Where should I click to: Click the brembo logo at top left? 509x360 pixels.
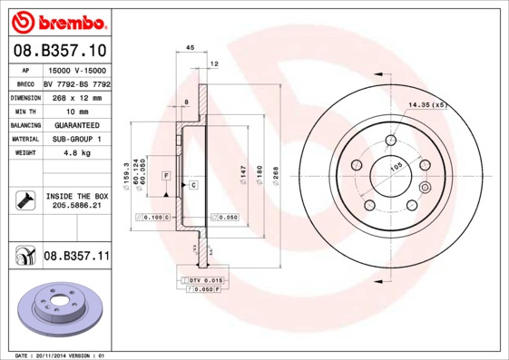56,19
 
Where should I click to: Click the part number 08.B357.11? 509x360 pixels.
76,257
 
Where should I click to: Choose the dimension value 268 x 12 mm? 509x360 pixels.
76,96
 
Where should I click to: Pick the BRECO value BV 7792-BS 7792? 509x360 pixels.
76,83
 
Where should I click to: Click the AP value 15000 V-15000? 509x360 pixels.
76,69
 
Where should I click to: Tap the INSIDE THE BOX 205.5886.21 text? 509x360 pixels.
76,201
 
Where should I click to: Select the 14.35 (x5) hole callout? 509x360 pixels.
428,106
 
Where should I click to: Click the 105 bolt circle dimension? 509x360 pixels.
396,167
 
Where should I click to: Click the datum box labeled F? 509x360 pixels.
167,173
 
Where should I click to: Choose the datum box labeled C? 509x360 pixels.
193,184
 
